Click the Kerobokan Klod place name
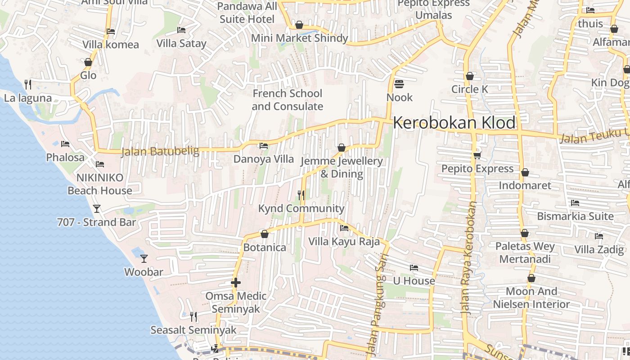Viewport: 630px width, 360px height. tap(454, 123)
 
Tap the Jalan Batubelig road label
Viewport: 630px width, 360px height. tap(160, 151)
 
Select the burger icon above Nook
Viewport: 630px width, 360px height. tap(399, 84)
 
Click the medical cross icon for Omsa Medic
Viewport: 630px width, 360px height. tap(236, 283)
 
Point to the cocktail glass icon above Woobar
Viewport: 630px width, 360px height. tap(144, 259)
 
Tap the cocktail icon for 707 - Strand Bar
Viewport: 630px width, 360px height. tap(96, 209)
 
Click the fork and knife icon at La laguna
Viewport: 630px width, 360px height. tap(28, 84)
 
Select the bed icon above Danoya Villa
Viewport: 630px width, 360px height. tap(264, 146)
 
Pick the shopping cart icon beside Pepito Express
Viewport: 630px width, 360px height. tap(477, 155)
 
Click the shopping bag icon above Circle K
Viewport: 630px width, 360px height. tap(470, 76)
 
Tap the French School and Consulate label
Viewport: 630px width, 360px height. tap(287, 100)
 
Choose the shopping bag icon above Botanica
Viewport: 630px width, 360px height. tap(265, 234)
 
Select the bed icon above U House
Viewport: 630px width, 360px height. tap(414, 268)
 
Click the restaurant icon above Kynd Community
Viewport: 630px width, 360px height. tap(301, 195)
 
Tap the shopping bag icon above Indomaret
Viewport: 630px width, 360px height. tap(525, 172)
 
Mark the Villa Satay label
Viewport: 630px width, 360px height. tap(181, 44)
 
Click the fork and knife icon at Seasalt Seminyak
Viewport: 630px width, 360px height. tap(193, 317)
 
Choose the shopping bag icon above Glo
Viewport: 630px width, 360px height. tap(88, 62)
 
